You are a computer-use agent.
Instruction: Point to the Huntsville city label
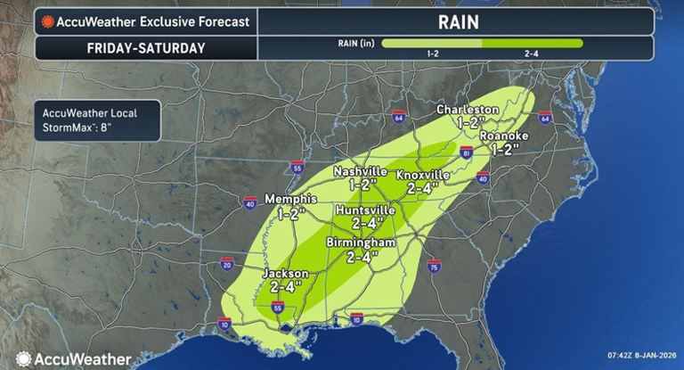pos(364,210)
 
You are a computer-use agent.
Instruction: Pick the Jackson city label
pos(285,273)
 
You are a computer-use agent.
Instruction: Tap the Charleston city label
pos(466,110)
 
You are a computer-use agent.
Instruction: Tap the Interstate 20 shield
pos(227,264)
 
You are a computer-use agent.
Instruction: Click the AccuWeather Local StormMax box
pos(97,119)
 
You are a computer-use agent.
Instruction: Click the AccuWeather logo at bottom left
pos(71,358)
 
